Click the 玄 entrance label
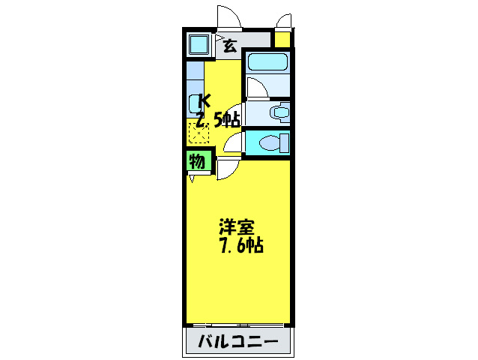click(229, 46)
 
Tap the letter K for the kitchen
click(205, 99)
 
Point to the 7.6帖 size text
click(240, 245)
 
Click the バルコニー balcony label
click(238, 343)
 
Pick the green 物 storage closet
click(197, 161)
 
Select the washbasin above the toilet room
click(280, 113)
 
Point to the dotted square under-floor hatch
click(199, 133)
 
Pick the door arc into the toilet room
click(234, 141)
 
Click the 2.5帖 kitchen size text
click(217, 118)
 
